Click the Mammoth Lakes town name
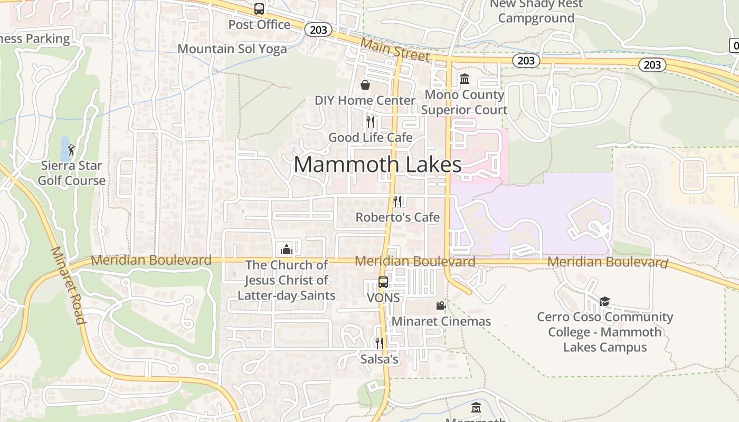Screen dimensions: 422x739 377,165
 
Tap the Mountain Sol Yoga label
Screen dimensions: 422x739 232,49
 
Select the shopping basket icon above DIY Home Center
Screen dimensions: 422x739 365,85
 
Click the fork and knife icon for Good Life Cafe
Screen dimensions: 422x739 371,122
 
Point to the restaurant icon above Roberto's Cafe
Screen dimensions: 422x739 397,201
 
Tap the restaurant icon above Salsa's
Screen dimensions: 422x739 379,343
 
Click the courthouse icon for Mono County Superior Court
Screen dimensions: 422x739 465,79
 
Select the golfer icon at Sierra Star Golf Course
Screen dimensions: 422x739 71,150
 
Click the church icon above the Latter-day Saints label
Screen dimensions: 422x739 287,249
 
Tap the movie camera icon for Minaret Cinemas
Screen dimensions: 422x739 441,305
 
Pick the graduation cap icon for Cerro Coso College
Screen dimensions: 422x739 604,301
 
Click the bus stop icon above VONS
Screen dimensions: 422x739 383,282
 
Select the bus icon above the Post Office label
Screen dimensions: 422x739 259,9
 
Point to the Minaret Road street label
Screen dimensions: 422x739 68,285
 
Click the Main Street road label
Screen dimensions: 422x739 395,49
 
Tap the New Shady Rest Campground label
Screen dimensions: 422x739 536,12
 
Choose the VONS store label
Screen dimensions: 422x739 383,298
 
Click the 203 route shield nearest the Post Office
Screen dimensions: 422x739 318,30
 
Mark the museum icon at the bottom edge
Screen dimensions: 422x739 476,408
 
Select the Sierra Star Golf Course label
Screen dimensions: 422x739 72,173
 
